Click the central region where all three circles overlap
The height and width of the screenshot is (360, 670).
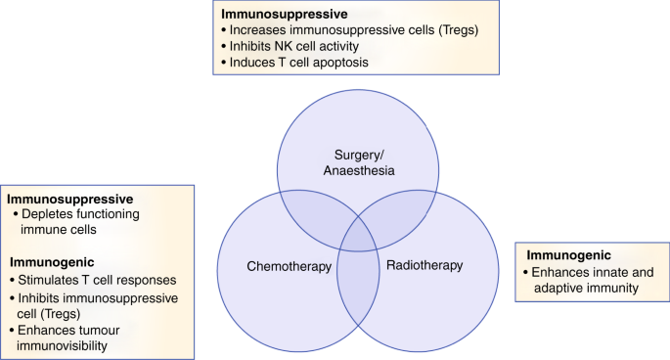356,238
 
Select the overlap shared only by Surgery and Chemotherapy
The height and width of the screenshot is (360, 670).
308,209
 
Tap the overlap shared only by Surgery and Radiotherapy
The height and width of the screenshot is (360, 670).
404,209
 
